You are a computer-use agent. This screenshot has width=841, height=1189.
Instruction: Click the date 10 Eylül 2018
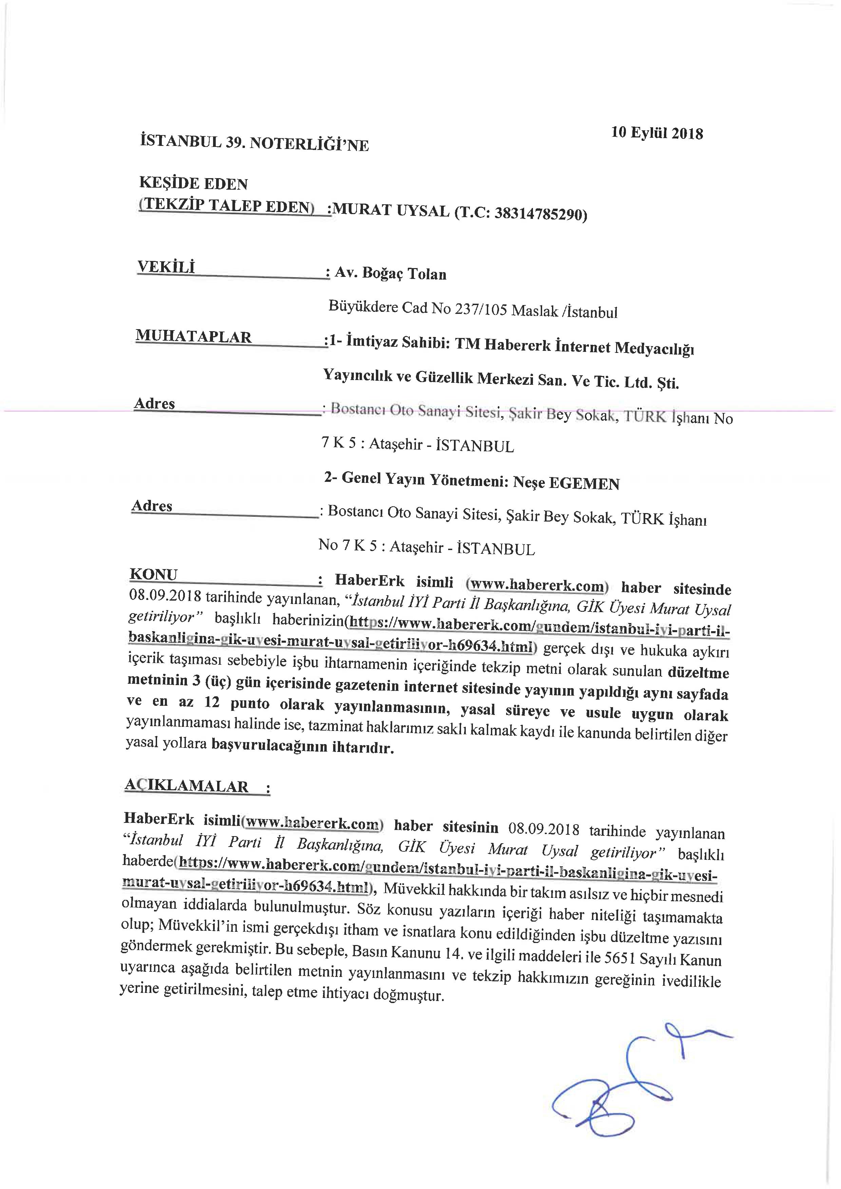pyautogui.click(x=657, y=133)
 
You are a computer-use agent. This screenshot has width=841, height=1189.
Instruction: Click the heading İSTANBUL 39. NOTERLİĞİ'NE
pyautogui.click(x=254, y=143)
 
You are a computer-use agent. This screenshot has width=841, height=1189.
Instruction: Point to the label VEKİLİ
pyautogui.click(x=166, y=267)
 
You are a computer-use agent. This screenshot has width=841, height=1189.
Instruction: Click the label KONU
pyautogui.click(x=153, y=574)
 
